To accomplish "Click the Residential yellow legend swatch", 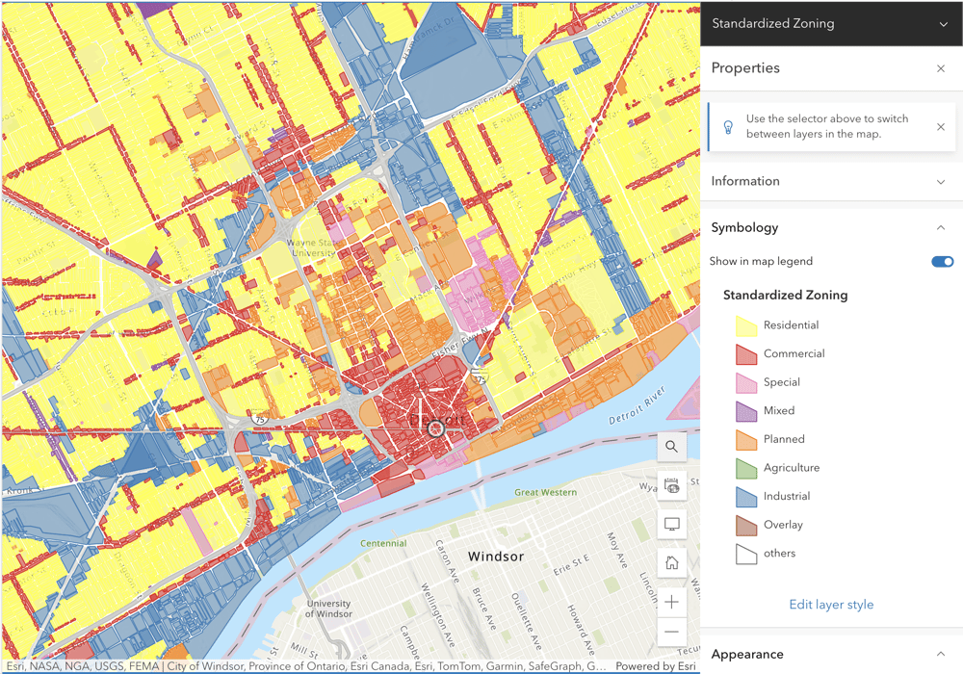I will pyautogui.click(x=746, y=326).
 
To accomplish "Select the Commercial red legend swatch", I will pyautogui.click(x=746, y=354).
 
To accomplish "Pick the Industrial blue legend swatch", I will pyautogui.click(x=746, y=497).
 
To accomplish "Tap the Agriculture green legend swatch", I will pyautogui.click(x=746, y=469).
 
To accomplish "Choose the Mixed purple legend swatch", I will pyautogui.click(x=746, y=411).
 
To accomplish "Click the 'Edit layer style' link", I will pyautogui.click(x=831, y=605).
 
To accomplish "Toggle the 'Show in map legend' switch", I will pyautogui.click(x=942, y=261).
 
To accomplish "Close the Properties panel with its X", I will pyautogui.click(x=941, y=68).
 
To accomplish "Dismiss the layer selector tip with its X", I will pyautogui.click(x=941, y=127).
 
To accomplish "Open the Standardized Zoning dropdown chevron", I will pyautogui.click(x=943, y=24).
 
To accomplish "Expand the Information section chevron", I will pyautogui.click(x=941, y=181).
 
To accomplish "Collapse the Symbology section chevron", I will pyautogui.click(x=941, y=228).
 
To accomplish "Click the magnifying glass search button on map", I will pyautogui.click(x=672, y=447).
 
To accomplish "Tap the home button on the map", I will pyautogui.click(x=672, y=563).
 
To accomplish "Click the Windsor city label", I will pyautogui.click(x=495, y=557).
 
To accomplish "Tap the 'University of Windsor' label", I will pyautogui.click(x=328, y=609).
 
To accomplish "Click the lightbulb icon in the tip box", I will pyautogui.click(x=729, y=127).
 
